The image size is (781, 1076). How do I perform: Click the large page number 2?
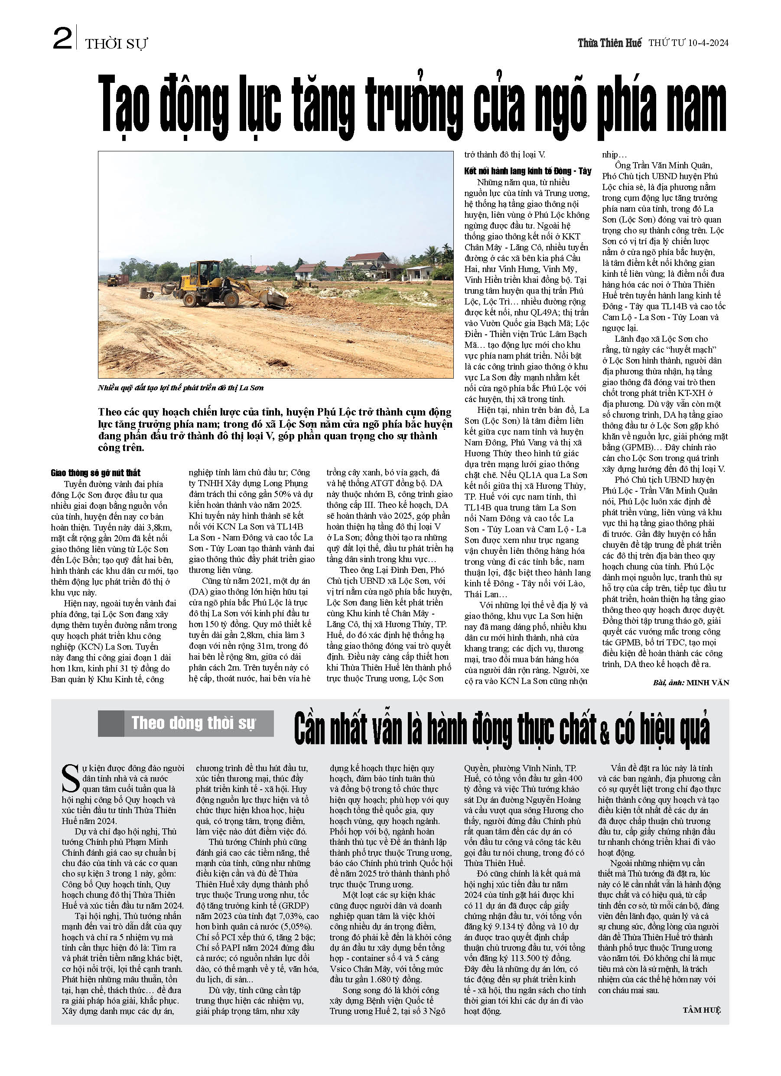point(62,39)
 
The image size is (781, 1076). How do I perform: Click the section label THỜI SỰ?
point(116,44)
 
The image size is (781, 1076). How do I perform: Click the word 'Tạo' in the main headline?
point(124,105)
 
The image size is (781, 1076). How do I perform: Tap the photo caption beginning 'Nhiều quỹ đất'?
point(181,388)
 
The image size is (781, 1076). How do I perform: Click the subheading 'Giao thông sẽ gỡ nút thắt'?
point(96,473)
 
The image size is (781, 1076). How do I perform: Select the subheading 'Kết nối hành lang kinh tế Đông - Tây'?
point(527,171)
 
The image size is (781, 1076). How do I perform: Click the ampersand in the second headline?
point(604,733)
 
